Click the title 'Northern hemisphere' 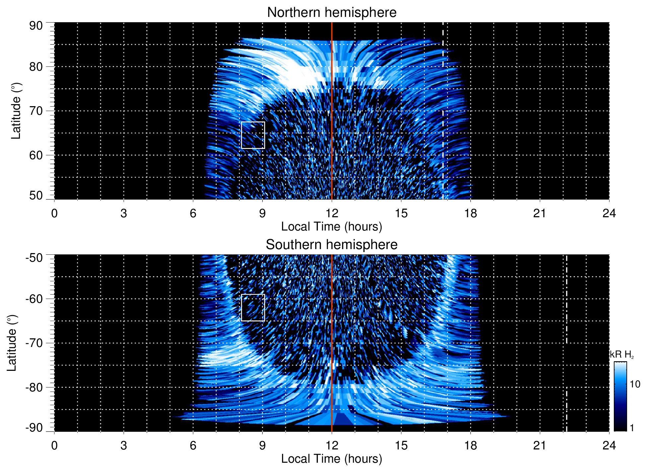(331, 13)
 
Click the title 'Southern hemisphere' (331, 245)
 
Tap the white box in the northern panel (253, 135)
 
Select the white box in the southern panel (253, 307)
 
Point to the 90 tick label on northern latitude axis (36, 26)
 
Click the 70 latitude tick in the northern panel (36, 111)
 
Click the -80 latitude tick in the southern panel (34, 387)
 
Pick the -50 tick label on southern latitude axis (34, 258)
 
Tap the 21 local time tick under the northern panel (539, 213)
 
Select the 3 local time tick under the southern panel (123, 445)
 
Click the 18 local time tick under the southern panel (470, 445)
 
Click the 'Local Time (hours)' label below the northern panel (331, 227)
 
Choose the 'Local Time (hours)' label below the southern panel (331, 459)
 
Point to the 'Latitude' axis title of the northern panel (16, 111)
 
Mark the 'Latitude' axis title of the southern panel (12, 343)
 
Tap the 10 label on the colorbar (635, 384)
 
